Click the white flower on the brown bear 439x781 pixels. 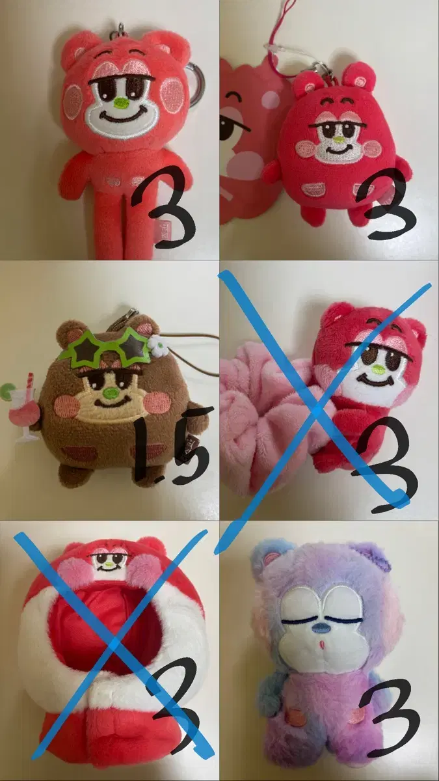pos(153,343)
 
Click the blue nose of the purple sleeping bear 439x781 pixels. pos(321,628)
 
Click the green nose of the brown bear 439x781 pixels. pos(111,393)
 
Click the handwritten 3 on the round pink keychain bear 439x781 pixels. pos(384,203)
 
